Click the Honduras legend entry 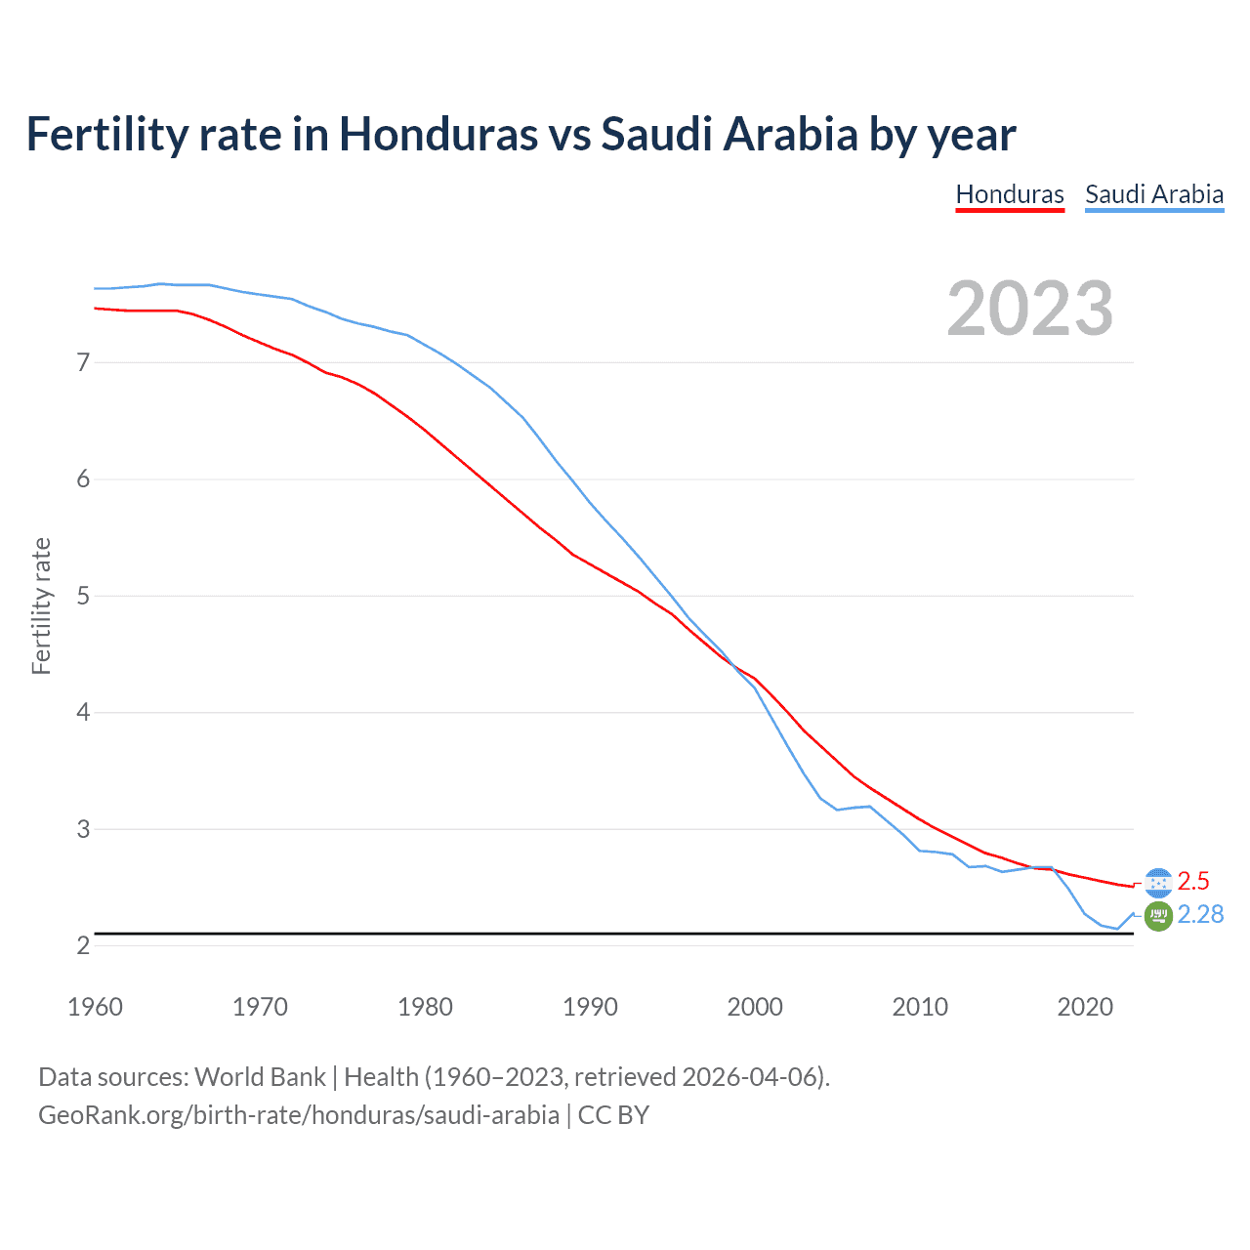[1009, 194]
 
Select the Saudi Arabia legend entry [1153, 194]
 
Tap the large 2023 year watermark [1029, 309]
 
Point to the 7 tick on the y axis [83, 363]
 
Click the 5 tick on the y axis [83, 596]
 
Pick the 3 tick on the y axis [83, 829]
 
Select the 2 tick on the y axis [83, 945]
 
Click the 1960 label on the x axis [95, 1007]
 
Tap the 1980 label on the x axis [425, 1007]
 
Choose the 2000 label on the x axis [755, 1007]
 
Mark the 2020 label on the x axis [1085, 1007]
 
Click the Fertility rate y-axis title [41, 605]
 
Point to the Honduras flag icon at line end [1158, 882]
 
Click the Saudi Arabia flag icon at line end [1158, 916]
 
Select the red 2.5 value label [1193, 881]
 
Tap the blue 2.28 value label [1200, 914]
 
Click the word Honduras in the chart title [438, 134]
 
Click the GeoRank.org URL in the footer [299, 1114]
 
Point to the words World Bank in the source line [260, 1077]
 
